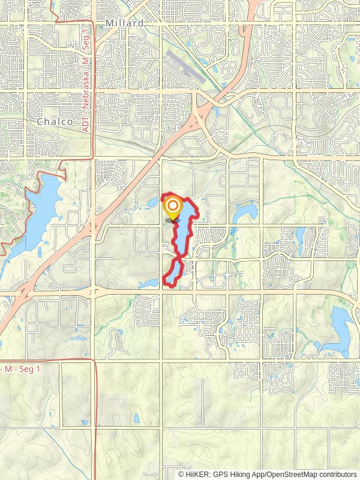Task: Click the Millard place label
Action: click(x=124, y=23)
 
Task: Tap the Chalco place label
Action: click(x=55, y=121)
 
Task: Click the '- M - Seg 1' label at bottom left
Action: click(x=20, y=368)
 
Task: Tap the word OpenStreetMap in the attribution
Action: click(x=292, y=474)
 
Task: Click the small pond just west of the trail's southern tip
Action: click(x=149, y=283)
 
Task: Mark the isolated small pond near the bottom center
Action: click(x=136, y=418)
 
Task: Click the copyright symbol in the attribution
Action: click(x=181, y=474)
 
